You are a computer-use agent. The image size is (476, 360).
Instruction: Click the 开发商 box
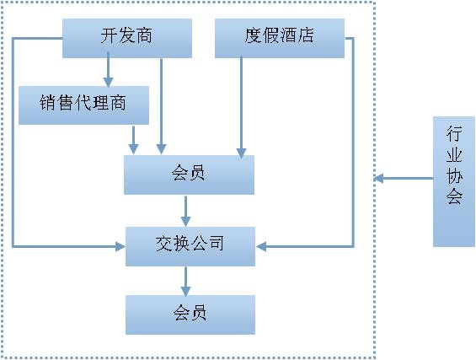(x=127, y=38)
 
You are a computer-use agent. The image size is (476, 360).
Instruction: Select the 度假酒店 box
(x=280, y=38)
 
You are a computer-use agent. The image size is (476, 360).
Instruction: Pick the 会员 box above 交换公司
(x=189, y=175)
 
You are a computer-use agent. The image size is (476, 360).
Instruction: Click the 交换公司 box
(x=190, y=245)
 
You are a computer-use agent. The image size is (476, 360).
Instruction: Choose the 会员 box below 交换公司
(x=190, y=314)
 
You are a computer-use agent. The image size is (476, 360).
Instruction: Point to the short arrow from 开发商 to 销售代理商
(x=108, y=72)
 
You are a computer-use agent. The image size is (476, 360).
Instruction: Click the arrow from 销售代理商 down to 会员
(x=133, y=139)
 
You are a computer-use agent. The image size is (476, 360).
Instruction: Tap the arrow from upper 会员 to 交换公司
(x=186, y=210)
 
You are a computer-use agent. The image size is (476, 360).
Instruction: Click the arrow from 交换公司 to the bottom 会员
(x=186, y=280)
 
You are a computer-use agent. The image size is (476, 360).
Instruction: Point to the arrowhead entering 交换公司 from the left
(x=119, y=246)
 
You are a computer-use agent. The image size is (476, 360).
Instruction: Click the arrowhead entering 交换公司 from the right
(x=261, y=246)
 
